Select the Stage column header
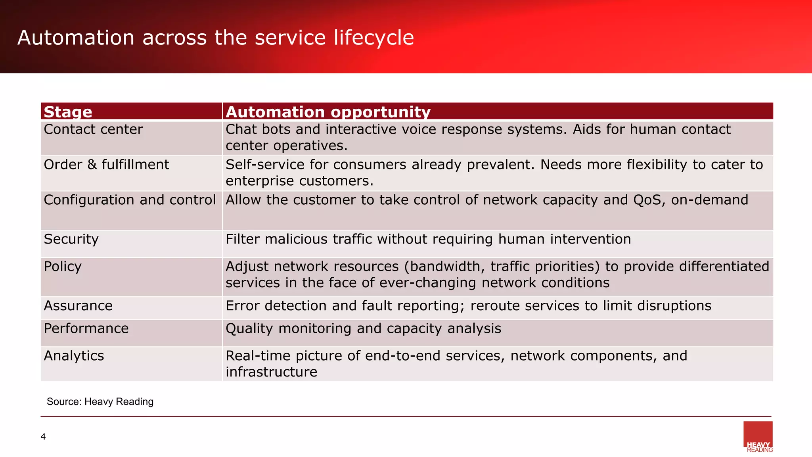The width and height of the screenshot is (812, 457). pyautogui.click(x=68, y=112)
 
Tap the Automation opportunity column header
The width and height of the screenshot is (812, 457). pyautogui.click(x=328, y=112)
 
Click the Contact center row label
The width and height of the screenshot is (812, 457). pyautogui.click(x=93, y=129)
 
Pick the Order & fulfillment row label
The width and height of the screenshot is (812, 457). pyautogui.click(x=106, y=165)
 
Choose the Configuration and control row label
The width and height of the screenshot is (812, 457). pyautogui.click(x=130, y=200)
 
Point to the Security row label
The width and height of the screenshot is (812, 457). pyautogui.click(x=71, y=239)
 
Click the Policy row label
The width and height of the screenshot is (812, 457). pyautogui.click(x=63, y=267)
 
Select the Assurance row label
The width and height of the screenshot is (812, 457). pyautogui.click(x=78, y=306)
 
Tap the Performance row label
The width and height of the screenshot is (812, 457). pyautogui.click(x=86, y=328)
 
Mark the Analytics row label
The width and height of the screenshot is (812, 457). pyautogui.click(x=74, y=356)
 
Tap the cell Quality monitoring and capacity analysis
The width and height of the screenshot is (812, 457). pyautogui.click(x=363, y=329)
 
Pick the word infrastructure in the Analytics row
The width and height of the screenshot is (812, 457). pyautogui.click(x=271, y=372)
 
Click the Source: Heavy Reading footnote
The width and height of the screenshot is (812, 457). pyautogui.click(x=100, y=401)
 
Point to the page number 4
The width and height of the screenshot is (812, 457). pyautogui.click(x=43, y=437)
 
